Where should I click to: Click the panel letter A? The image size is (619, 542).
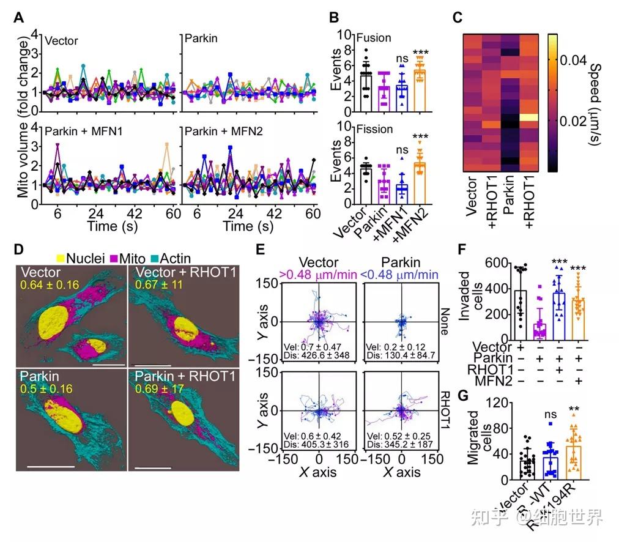[x=18, y=18]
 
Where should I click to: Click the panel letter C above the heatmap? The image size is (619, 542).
[x=457, y=18]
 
